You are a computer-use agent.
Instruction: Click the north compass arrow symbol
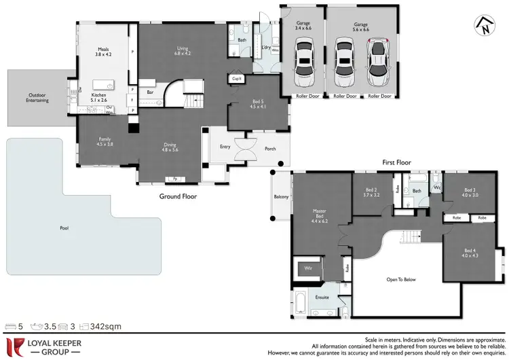tap(483, 25)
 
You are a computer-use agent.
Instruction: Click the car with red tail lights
tap(377, 61)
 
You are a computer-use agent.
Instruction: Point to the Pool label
tap(64, 228)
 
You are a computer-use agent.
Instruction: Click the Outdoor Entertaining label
tap(38, 97)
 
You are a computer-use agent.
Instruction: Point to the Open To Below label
tap(402, 278)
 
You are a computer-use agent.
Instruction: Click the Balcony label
tap(281, 197)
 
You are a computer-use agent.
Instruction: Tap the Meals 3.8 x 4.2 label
tap(103, 51)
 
